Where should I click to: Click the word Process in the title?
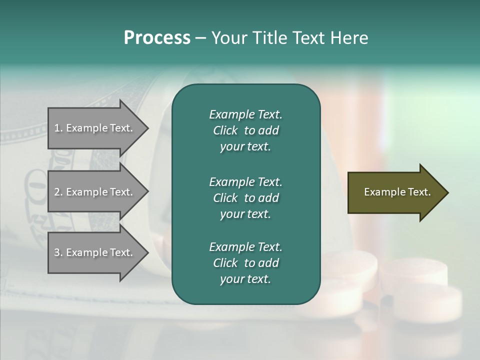(x=157, y=38)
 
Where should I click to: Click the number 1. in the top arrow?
(x=58, y=128)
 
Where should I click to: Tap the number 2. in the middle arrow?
(x=58, y=192)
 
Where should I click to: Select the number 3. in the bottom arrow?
(x=58, y=252)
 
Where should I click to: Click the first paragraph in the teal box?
(x=245, y=130)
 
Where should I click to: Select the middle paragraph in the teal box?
(x=245, y=197)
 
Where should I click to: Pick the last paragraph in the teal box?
(x=245, y=263)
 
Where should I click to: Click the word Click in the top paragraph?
(x=225, y=130)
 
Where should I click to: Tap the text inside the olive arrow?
(x=397, y=192)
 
